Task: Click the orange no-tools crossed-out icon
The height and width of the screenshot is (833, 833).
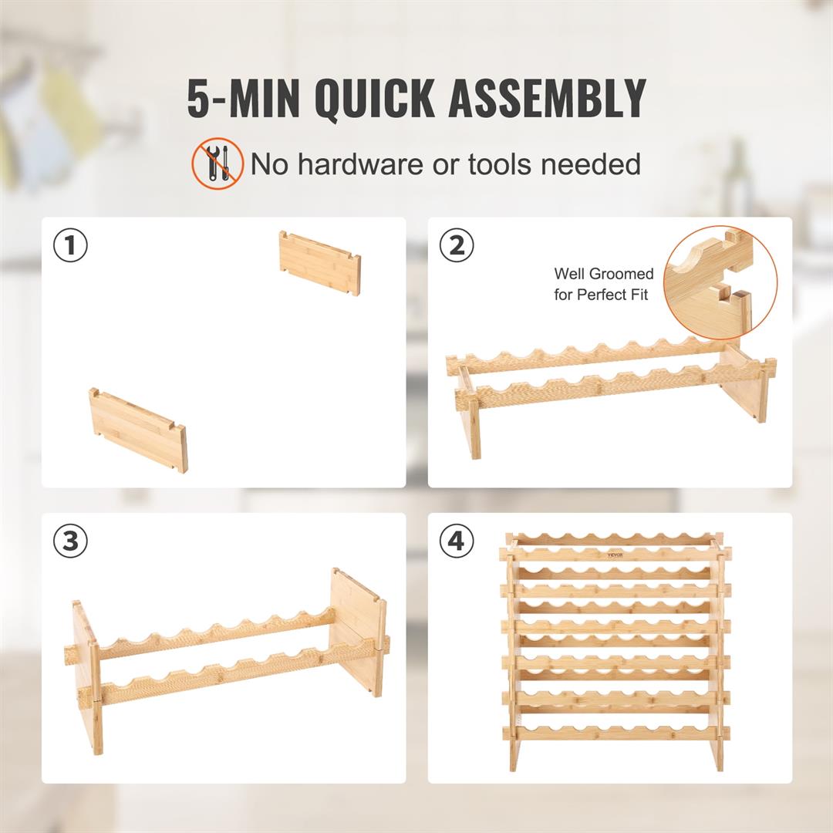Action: tap(218, 164)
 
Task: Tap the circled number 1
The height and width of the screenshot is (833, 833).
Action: tap(70, 246)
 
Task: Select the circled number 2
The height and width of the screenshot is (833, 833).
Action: tap(457, 246)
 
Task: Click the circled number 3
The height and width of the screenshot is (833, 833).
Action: tap(70, 541)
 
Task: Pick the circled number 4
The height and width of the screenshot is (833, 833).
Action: tap(457, 541)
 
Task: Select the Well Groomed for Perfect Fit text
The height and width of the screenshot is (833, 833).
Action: tap(603, 284)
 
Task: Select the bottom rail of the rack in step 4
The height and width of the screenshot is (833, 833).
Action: tap(615, 732)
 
